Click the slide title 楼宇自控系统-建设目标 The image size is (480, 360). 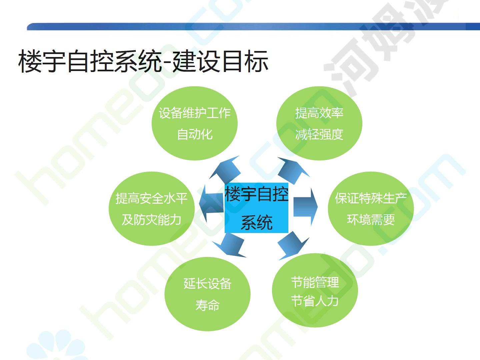(x=143, y=61)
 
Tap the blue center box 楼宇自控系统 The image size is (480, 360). (x=256, y=208)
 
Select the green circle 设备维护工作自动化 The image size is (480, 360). (x=195, y=123)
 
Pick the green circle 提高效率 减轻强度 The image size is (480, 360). (x=319, y=123)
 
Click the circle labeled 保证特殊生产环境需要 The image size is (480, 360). (x=371, y=209)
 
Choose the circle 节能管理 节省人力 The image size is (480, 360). (x=315, y=290)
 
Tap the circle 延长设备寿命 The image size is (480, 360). (x=208, y=294)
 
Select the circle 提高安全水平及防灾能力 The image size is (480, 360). (x=152, y=209)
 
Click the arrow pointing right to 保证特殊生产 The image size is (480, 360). (x=305, y=207)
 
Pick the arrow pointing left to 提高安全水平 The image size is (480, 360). (x=211, y=204)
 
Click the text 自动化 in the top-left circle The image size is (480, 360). (x=195, y=134)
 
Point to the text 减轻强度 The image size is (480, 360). (x=319, y=134)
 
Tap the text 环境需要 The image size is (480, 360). (x=371, y=219)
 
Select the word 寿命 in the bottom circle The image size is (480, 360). (x=208, y=305)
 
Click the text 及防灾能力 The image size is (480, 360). (x=152, y=219)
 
